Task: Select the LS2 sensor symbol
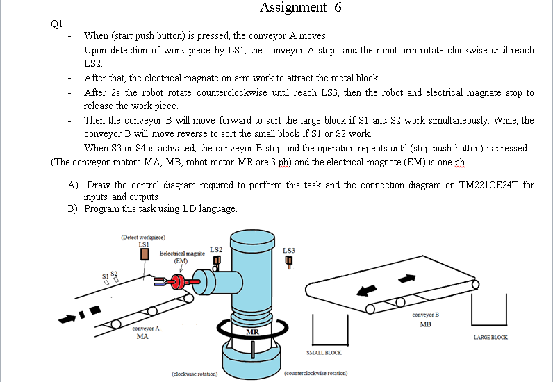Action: click(216, 261)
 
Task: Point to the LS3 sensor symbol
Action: click(289, 262)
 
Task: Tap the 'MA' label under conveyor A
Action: click(142, 337)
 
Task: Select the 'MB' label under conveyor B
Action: click(425, 324)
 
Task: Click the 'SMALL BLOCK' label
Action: click(324, 352)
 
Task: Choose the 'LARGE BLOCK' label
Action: click(490, 338)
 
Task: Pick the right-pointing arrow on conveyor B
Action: click(407, 278)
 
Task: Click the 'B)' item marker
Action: click(72, 208)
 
